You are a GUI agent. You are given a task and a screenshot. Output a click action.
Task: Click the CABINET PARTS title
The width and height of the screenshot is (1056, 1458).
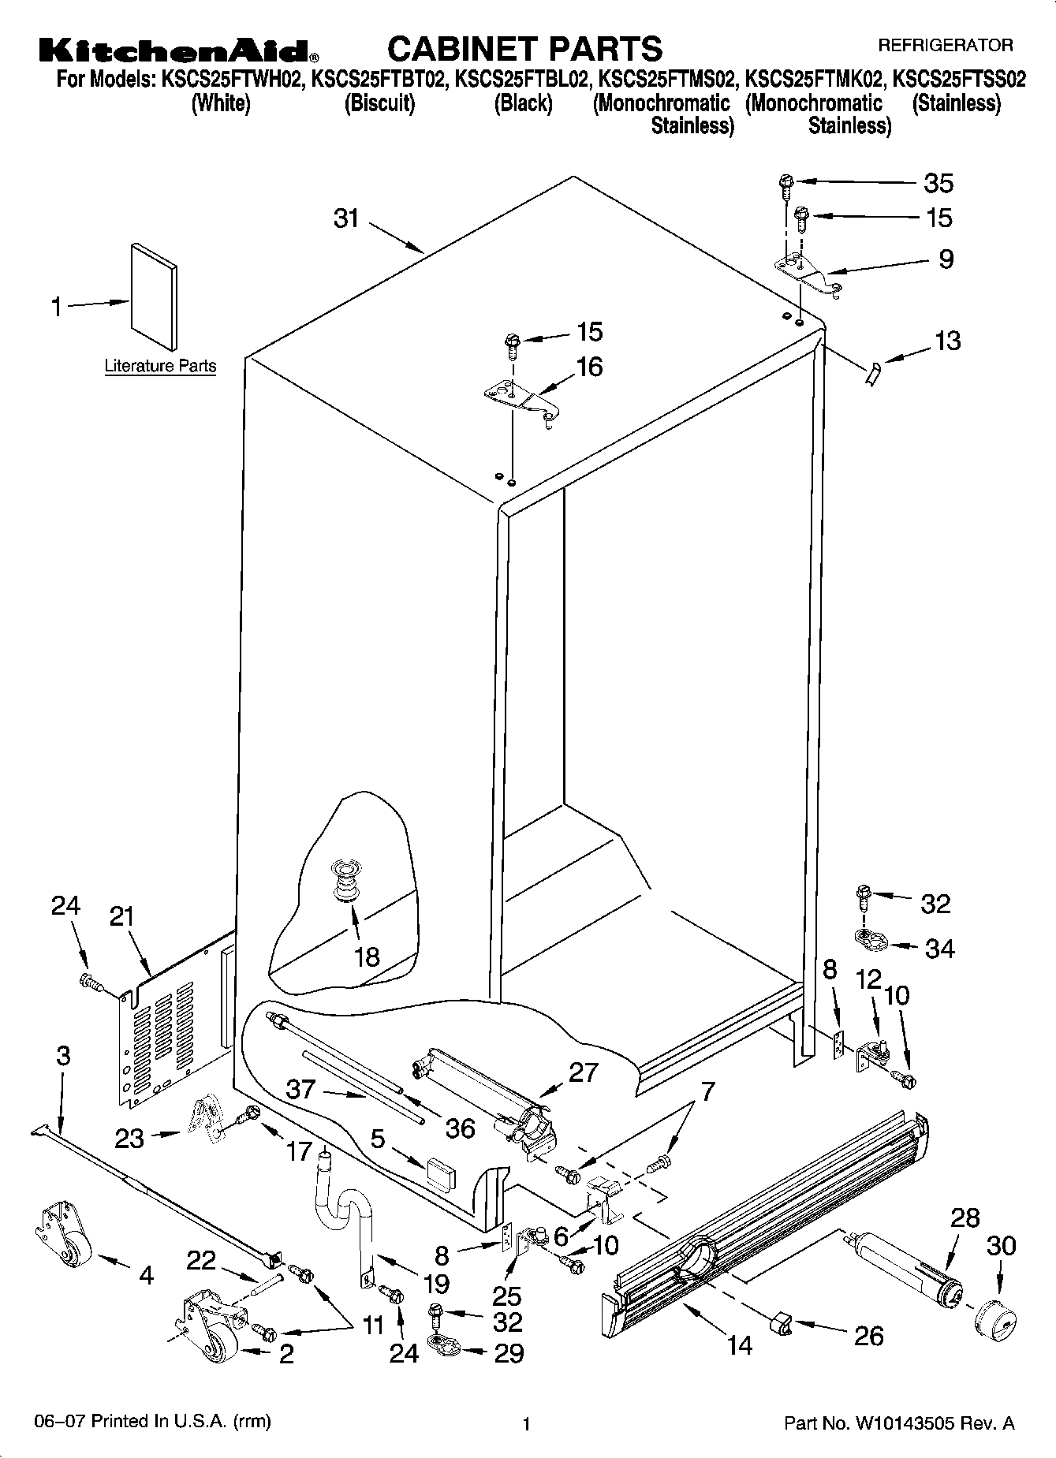pos(525,48)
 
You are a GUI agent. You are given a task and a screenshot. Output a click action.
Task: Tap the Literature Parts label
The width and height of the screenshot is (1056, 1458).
pos(160,366)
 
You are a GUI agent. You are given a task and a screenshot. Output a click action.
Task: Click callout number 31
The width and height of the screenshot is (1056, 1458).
pos(346,218)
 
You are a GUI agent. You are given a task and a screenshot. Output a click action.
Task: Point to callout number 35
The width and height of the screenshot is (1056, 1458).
pos(938,183)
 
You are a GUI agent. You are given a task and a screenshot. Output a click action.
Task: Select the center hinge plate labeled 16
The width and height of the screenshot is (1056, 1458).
pos(522,401)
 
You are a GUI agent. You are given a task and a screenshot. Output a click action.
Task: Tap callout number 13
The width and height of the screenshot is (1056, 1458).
pos(947,341)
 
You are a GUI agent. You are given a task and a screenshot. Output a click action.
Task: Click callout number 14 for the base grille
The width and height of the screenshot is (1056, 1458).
pos(739,1344)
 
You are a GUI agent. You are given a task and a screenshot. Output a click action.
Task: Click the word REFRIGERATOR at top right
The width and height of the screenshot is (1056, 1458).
pos(945,46)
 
